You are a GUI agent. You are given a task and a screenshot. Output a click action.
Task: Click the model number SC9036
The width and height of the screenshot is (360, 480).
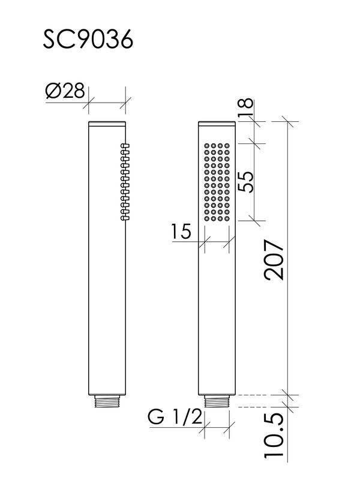[88, 40]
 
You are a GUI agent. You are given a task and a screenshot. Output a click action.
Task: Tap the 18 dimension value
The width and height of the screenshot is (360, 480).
[245, 109]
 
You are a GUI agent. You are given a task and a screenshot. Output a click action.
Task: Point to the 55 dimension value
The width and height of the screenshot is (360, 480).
[245, 181]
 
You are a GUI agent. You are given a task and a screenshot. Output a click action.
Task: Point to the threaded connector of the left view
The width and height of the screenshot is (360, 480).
[107, 401]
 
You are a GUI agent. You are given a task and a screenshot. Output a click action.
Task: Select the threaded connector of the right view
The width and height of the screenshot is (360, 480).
[218, 401]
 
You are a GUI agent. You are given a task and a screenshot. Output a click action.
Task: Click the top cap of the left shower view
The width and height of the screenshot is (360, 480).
[107, 124]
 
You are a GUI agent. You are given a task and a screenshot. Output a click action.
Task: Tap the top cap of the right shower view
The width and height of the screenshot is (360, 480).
[218, 124]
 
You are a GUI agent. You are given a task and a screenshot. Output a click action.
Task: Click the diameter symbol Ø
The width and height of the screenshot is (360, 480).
[52, 92]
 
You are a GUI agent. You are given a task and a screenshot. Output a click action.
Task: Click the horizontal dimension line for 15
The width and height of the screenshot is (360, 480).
[218, 242]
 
